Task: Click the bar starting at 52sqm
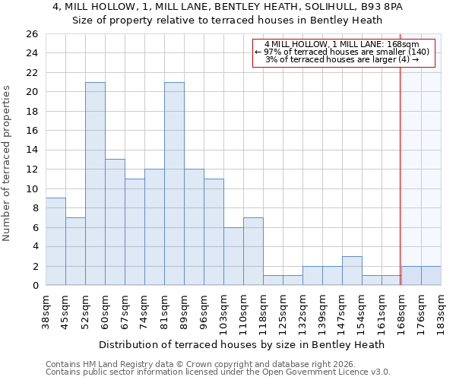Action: tap(95, 184)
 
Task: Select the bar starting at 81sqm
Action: tap(174, 184)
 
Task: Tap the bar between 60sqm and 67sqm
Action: tap(115, 222)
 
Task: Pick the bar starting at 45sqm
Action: tap(75, 252)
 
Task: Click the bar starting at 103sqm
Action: tap(233, 256)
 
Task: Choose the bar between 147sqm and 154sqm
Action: tap(352, 271)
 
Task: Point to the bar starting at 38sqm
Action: tap(55, 242)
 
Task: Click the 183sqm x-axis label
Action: tap(441, 309)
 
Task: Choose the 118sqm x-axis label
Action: tap(263, 309)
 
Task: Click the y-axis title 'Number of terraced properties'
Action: tap(7, 163)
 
